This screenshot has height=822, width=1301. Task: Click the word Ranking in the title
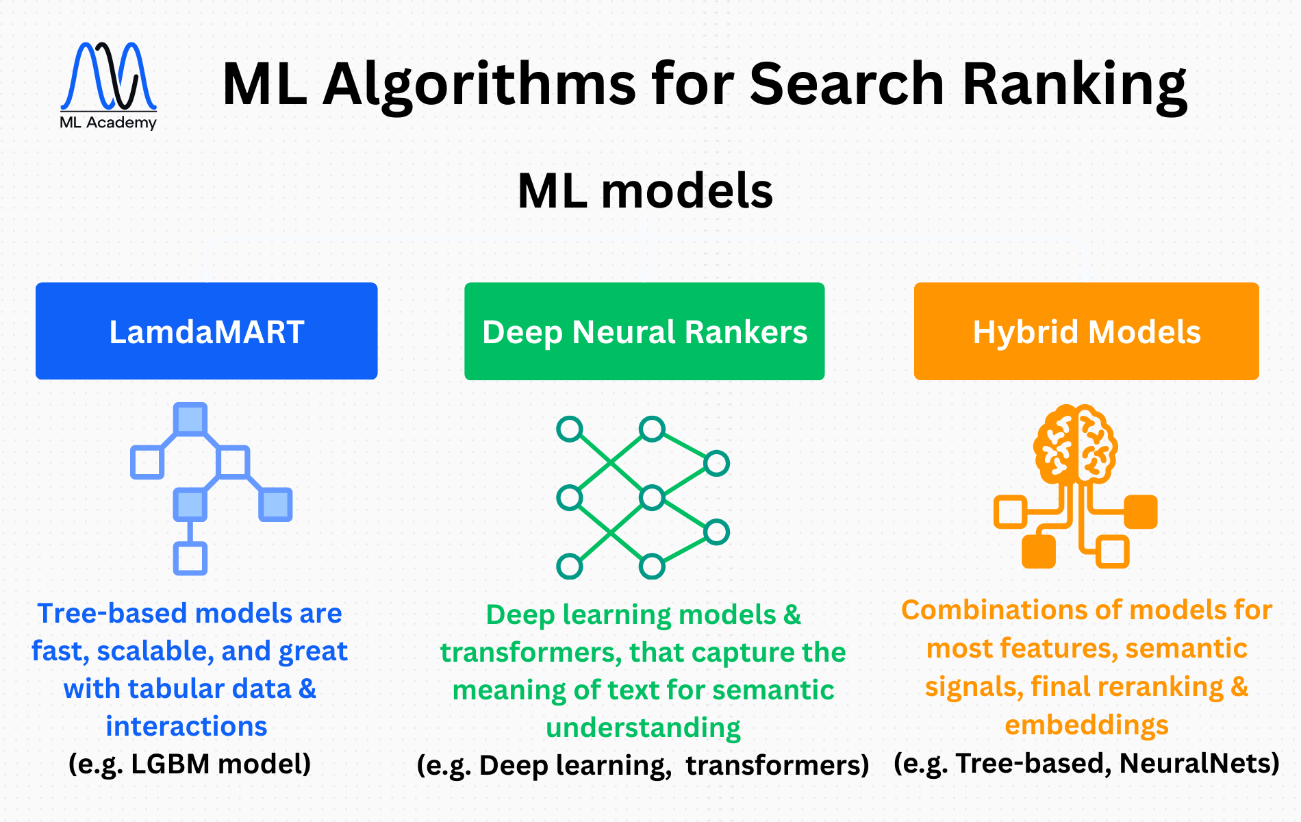[x=1074, y=84]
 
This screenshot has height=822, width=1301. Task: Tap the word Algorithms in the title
[x=480, y=84]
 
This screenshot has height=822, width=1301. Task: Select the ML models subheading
[x=645, y=190]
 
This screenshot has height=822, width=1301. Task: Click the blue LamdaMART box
[x=207, y=332]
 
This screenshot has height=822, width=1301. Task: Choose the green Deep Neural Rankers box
[x=644, y=332]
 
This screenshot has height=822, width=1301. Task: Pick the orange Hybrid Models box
[x=1087, y=332]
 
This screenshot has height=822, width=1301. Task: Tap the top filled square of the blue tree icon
[x=190, y=419]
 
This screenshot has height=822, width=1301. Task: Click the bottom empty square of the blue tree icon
[x=190, y=558]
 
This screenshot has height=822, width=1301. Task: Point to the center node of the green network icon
[x=652, y=497]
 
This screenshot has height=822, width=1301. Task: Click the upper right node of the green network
[x=716, y=464]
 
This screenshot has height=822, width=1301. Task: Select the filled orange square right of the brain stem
[x=1141, y=512]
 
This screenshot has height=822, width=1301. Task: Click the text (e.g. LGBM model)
[x=190, y=763]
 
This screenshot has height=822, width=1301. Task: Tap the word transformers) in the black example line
[x=778, y=764]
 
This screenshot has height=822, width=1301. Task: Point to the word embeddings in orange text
[x=1087, y=725]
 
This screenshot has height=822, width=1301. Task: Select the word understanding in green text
[x=643, y=727]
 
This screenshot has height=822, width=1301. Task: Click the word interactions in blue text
[x=186, y=726]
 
